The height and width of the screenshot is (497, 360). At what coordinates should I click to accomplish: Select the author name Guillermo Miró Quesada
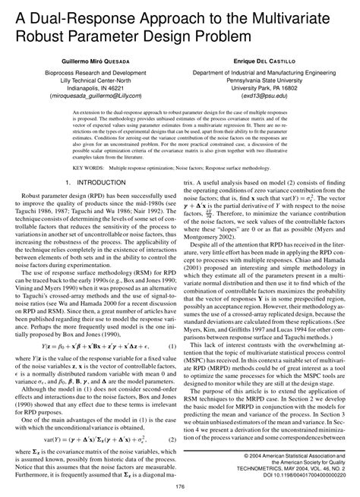point(90,58)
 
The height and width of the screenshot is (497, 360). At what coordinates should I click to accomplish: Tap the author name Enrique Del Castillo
point(268,58)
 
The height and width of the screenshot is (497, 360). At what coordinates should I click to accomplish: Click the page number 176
point(180,487)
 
